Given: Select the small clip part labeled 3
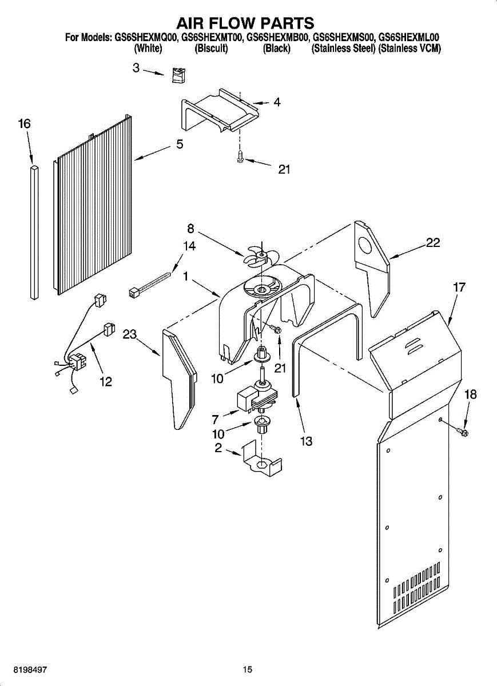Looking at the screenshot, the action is tap(178, 75).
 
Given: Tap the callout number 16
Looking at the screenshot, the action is tap(24, 123).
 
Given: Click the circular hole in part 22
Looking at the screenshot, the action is tap(365, 246).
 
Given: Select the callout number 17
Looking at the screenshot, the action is tap(459, 287).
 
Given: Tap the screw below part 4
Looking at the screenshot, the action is tap(240, 155).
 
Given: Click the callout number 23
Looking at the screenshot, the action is tap(129, 334).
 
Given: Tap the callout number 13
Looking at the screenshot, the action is tap(306, 441).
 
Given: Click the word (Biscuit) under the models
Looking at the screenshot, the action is tap(212, 49).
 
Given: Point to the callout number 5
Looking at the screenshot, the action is tap(180, 143).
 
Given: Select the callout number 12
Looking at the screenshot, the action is tap(106, 382).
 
